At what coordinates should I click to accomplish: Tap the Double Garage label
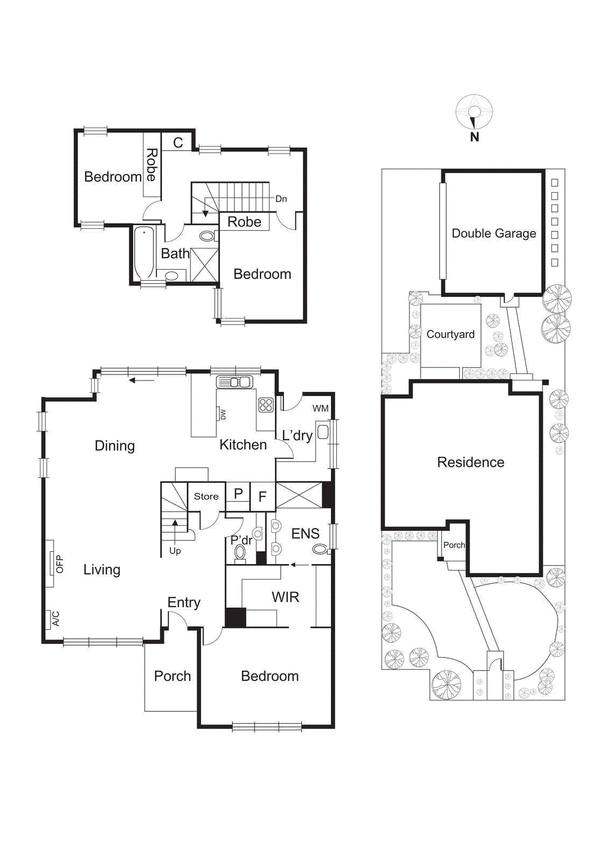click(x=493, y=234)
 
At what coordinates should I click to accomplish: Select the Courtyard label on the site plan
click(x=450, y=334)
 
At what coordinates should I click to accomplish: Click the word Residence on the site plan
click(x=470, y=462)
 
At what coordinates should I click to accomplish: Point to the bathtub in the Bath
click(x=144, y=252)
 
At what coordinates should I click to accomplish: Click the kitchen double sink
click(x=235, y=382)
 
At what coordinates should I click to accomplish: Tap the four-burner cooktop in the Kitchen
click(x=266, y=405)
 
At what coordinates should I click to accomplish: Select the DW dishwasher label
click(x=223, y=414)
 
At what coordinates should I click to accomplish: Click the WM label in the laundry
click(x=320, y=408)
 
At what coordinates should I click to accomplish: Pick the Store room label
click(x=206, y=496)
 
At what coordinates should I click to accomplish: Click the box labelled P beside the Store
click(x=238, y=493)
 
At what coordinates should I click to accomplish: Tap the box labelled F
click(x=263, y=497)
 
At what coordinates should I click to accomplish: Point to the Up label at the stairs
click(x=175, y=551)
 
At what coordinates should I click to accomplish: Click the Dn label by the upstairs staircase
click(x=281, y=199)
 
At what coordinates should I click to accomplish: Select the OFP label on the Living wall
click(x=59, y=564)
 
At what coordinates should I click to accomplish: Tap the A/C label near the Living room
click(x=56, y=619)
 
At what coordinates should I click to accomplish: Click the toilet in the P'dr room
click(x=240, y=553)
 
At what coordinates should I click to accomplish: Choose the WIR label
click(x=285, y=597)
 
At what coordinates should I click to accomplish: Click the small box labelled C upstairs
click(x=178, y=143)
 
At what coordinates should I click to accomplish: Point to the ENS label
click(x=305, y=533)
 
